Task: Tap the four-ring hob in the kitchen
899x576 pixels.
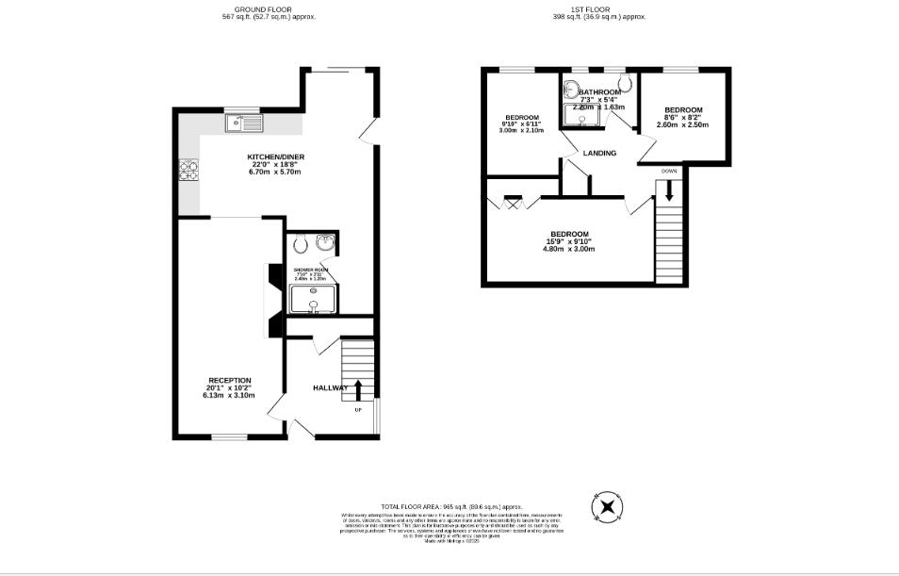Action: (188, 172)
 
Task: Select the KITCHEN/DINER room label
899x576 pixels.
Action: (275, 156)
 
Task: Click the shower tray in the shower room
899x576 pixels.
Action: (314, 300)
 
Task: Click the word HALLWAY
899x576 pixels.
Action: (330, 387)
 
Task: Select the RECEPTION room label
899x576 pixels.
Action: (230, 380)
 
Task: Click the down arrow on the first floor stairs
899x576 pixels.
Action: (669, 189)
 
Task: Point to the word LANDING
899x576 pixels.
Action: (599, 153)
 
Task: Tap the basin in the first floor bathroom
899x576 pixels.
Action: (571, 90)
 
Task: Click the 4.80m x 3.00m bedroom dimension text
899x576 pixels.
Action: (569, 250)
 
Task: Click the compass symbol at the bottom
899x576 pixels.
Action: (608, 509)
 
